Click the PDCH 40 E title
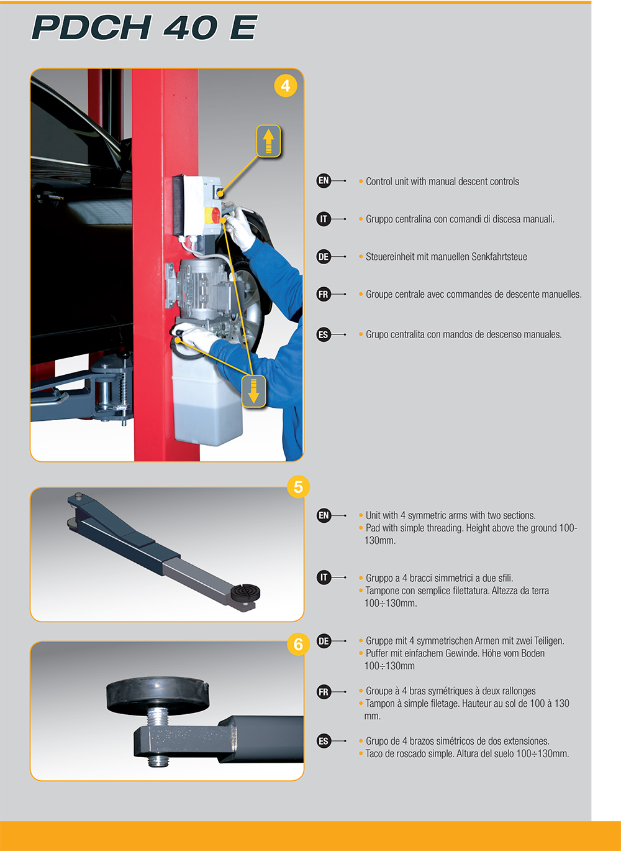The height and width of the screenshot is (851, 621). click(x=144, y=27)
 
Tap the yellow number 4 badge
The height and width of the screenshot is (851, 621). click(x=286, y=86)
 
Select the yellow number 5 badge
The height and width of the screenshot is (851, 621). click(x=298, y=487)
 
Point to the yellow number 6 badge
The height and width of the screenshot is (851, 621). click(x=298, y=645)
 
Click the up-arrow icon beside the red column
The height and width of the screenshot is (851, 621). click(x=268, y=141)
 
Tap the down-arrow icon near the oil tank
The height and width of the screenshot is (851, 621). click(x=253, y=391)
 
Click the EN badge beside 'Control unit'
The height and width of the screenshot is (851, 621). click(x=324, y=180)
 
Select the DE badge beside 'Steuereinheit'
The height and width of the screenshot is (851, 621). click(x=324, y=257)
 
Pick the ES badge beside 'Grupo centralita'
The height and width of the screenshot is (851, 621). click(x=324, y=334)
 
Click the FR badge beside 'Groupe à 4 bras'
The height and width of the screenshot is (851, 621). click(x=324, y=692)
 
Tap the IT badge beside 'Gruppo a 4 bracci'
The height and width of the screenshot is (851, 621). click(x=324, y=577)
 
